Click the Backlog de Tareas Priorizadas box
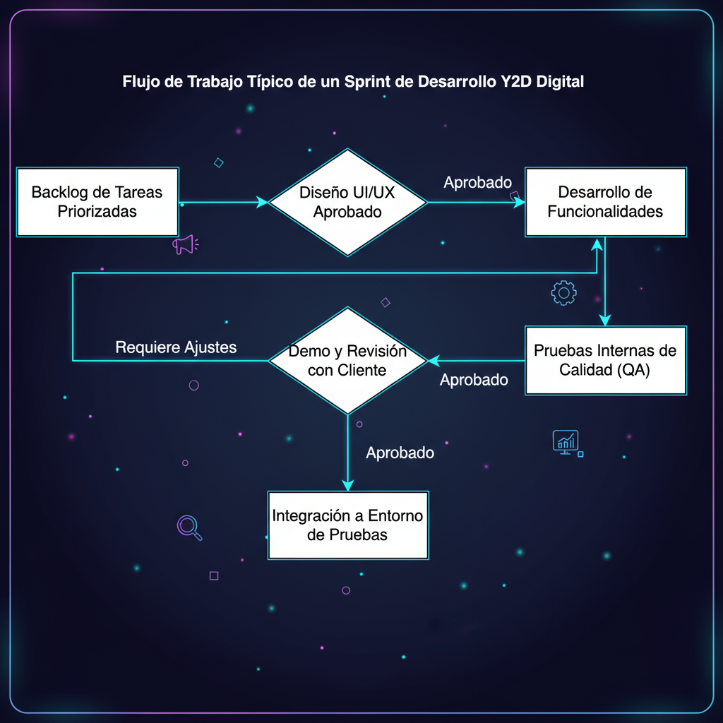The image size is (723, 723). (97, 202)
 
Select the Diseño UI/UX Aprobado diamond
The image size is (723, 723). (348, 202)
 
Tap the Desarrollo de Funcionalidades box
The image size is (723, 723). (605, 202)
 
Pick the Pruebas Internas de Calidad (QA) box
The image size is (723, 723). (605, 360)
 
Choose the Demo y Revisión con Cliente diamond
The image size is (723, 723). (348, 360)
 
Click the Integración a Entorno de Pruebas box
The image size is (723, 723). (348, 525)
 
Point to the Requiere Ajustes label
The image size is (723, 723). (176, 347)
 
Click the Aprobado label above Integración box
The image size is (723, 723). (400, 453)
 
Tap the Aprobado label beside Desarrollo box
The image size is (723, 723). (477, 183)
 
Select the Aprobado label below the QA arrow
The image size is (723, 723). (474, 380)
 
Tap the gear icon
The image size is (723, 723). (563, 292)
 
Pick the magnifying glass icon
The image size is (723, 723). (189, 527)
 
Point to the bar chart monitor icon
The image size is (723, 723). (566, 443)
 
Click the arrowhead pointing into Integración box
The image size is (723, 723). (347, 484)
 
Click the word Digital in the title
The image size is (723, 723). (560, 81)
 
